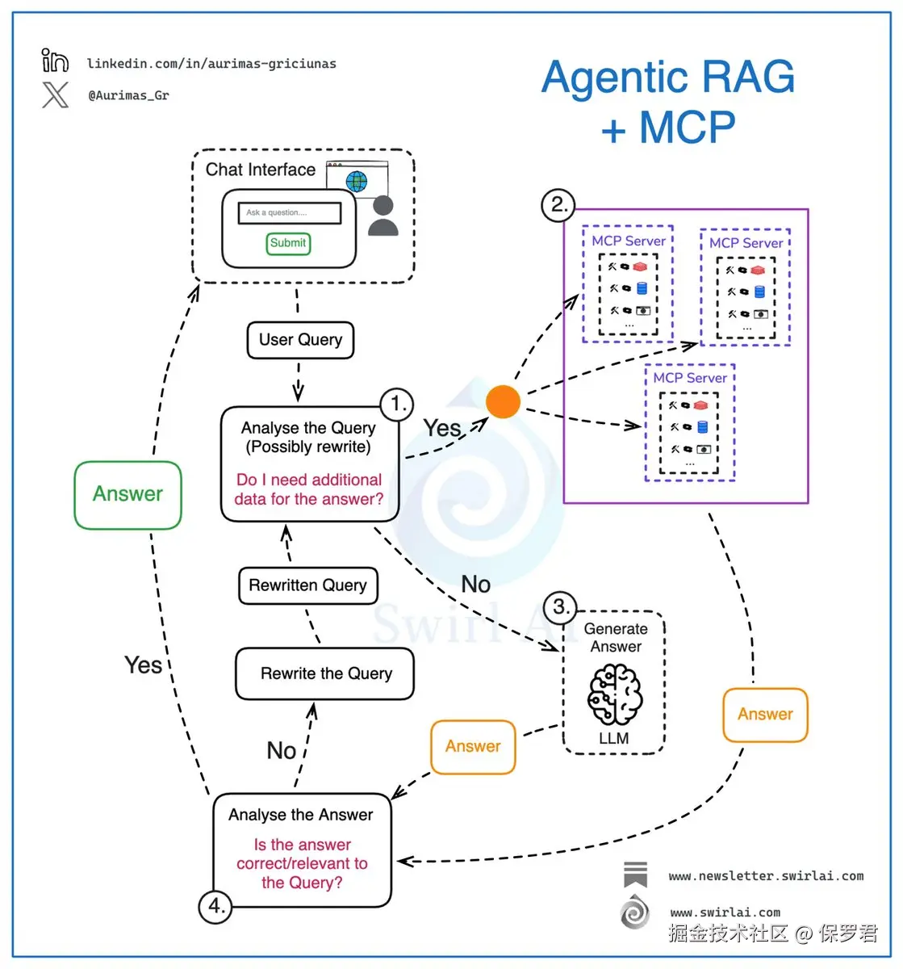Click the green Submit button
288,243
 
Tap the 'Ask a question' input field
289,213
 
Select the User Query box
300,340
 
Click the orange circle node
504,401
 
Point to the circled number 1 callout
397,404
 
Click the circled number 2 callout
558,204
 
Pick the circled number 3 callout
560,607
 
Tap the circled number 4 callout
215,906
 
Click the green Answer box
128,494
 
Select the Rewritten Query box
307,585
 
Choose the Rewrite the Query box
324,673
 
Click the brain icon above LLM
615,695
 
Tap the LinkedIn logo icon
55,61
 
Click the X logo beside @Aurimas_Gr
55,95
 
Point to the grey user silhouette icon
383,216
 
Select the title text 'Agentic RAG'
667,78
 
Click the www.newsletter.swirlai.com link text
765,876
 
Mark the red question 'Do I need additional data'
309,489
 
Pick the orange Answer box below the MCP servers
765,715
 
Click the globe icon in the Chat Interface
356,181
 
